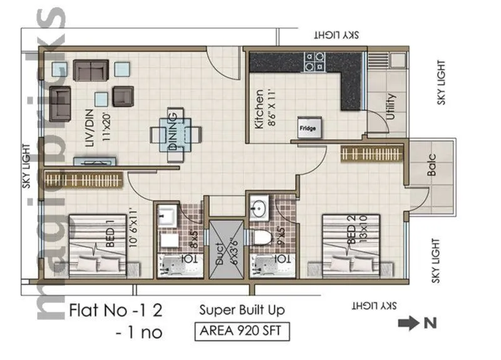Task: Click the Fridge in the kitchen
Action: click(311, 128)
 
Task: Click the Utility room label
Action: click(391, 107)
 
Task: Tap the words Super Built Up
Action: click(242, 310)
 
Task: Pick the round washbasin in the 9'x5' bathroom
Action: click(258, 206)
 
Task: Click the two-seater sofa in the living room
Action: click(91, 70)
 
